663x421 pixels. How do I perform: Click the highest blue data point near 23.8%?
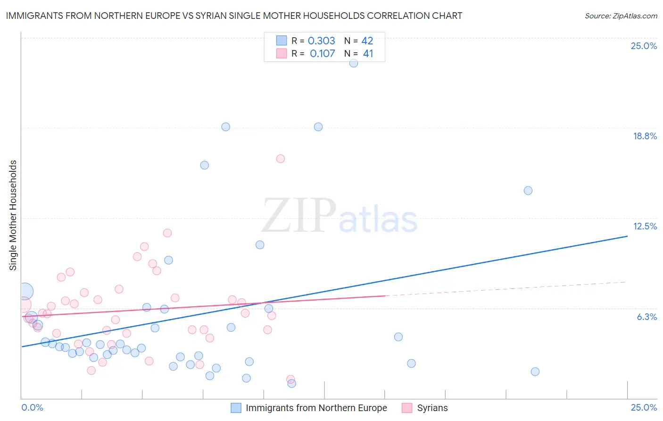pos(354,63)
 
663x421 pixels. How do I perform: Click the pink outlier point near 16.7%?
pos(281,159)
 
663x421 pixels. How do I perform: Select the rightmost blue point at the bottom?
pos(535,371)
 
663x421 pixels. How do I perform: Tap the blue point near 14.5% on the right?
pos(528,191)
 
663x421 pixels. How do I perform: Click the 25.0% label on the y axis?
pos(644,46)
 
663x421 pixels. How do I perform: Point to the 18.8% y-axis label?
pos(645,136)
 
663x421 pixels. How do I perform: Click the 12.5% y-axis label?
pos(645,226)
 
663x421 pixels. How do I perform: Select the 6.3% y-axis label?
pos(646,317)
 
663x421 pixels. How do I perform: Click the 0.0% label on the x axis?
pos(32,407)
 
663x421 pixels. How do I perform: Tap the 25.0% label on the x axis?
pos(644,407)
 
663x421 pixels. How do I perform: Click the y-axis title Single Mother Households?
pos(13,215)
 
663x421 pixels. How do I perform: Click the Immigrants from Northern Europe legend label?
pos(316,408)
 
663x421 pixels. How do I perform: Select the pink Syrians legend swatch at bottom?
pos(407,408)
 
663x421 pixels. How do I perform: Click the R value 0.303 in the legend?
pos(322,41)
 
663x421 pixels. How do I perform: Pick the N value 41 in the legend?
pos(368,54)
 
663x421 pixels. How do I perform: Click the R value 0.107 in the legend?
pos(323,54)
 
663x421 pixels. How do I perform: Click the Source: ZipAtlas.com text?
pos(621,16)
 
